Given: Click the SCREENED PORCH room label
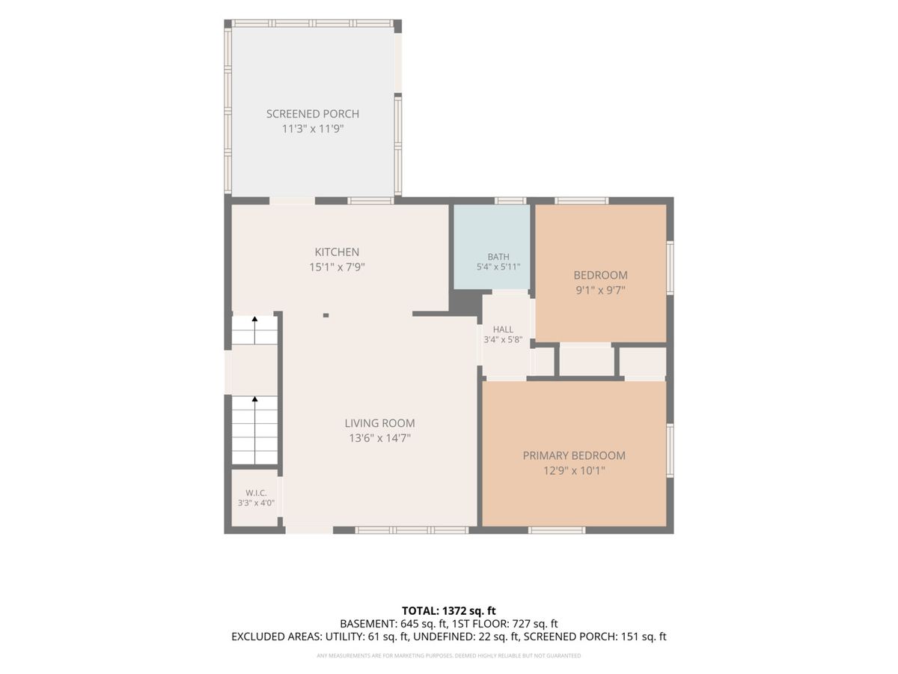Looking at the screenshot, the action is tap(313, 114).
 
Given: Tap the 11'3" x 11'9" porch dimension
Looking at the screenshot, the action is tap(313, 129).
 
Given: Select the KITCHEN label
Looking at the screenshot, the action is tap(337, 252).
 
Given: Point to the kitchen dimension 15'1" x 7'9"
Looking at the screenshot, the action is tap(337, 267).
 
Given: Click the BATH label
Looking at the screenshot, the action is tap(498, 257).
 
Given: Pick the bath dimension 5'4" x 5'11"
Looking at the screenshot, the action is tap(498, 267).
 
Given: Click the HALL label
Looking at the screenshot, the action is tap(503, 330).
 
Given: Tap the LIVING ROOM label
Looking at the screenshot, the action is tap(379, 423).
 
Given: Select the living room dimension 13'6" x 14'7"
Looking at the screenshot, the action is tap(379, 438).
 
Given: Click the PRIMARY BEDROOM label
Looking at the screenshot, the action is tap(574, 455).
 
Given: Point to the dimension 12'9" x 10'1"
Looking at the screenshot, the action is tap(574, 470).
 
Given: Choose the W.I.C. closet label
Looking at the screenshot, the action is tap(256, 493).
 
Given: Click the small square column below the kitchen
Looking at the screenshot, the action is tap(326, 315).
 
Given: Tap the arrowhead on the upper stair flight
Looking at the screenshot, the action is tap(254, 318).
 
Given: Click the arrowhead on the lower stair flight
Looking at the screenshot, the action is tap(254, 398).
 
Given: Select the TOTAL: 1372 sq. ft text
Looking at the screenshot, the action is tap(449, 611).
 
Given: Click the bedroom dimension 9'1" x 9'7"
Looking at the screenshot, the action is tap(601, 291).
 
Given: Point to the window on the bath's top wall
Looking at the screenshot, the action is tap(510, 201).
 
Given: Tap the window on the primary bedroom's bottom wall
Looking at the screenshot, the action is tap(557, 530).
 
